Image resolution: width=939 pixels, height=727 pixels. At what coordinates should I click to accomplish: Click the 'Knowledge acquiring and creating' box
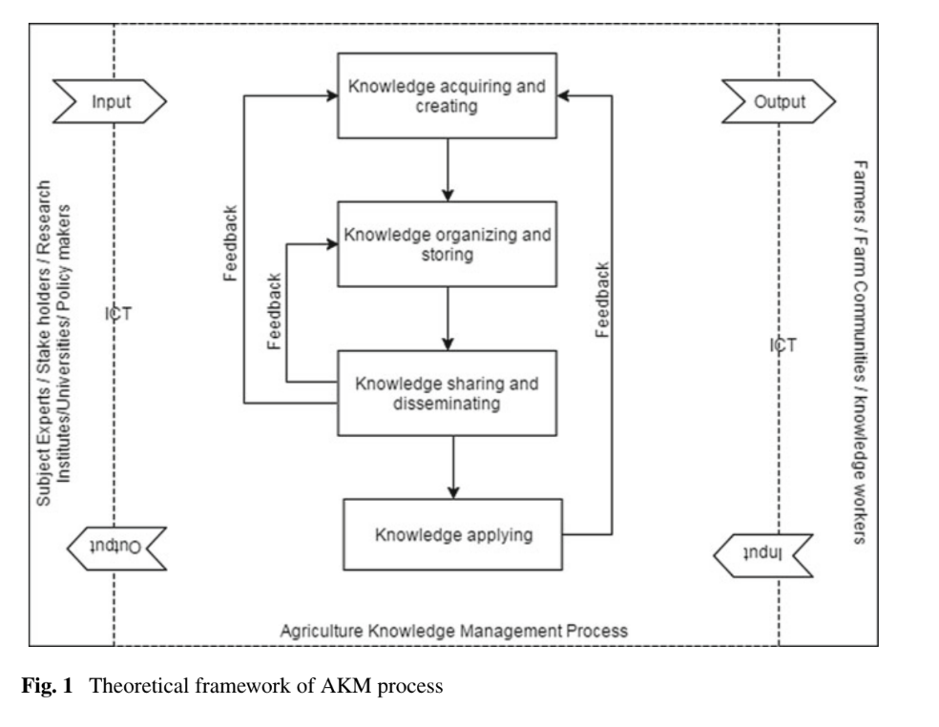coord(447,95)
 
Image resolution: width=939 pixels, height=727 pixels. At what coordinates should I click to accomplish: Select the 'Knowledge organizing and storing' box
coord(447,242)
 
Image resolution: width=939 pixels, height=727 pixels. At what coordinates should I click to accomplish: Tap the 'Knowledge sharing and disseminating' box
coord(447,394)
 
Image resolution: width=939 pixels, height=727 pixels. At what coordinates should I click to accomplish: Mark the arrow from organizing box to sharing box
coord(447,318)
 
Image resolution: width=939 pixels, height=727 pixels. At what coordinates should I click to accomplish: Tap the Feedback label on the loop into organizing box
coord(274,313)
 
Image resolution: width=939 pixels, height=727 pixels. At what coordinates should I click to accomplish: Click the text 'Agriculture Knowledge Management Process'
coord(453,632)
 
